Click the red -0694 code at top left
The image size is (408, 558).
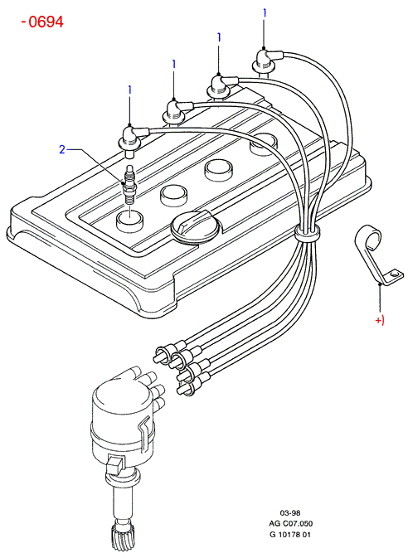point(42,22)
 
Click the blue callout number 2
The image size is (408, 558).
point(62,149)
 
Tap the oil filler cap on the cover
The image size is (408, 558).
point(193,226)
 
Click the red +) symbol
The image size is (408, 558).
point(380,320)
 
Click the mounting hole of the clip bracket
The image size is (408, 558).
point(393,275)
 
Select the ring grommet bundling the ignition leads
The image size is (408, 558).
point(307,233)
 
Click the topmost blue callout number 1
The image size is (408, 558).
point(265,13)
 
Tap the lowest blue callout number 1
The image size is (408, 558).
point(130,90)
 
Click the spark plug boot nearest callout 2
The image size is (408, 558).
point(132,140)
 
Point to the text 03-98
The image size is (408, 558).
point(290,512)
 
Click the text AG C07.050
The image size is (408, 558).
point(290,523)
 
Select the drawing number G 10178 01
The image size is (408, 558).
point(290,535)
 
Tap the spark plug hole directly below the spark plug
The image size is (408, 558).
point(129,221)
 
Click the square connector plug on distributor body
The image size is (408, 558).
point(114,464)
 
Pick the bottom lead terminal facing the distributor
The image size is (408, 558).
point(187,390)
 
